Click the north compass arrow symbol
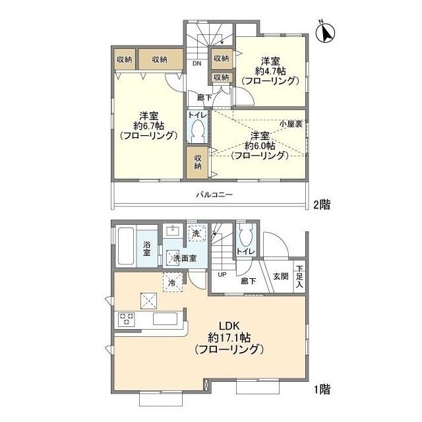pos(325,32)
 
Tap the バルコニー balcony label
pos(214,195)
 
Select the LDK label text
pos(229,326)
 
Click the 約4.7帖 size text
pos(270,71)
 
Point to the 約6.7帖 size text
pos(148,126)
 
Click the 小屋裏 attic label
pos(291,124)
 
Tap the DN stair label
pos(196,63)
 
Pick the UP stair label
pos(222,275)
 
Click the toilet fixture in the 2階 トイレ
pos(198,131)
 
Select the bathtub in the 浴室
pos(126,246)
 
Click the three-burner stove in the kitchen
pos(126,319)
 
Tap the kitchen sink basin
pos(166,319)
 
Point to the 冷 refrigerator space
pos(173,282)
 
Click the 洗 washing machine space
pos(196,233)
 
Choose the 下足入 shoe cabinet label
pos(299,276)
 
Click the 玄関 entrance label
pos(281,276)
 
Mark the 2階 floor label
pos(322,204)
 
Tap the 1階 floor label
pos(322,389)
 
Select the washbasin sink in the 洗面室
pos(173,231)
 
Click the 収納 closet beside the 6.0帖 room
pos(198,163)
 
